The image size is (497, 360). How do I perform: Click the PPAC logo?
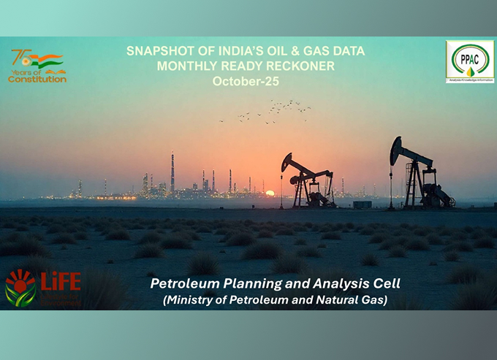[x=469, y=61]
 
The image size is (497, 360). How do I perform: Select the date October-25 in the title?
[x=246, y=82]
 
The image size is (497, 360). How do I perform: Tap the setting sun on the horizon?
[x=270, y=193]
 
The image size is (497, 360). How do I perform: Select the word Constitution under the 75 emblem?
[x=37, y=79]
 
